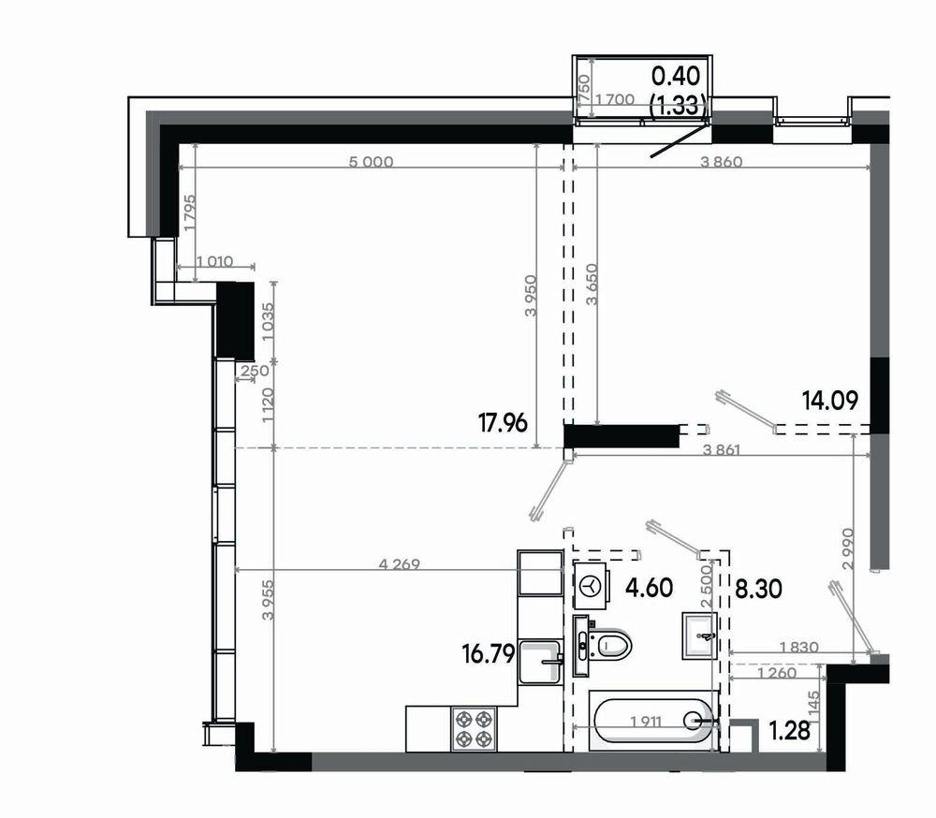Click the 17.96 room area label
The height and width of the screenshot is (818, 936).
click(x=503, y=423)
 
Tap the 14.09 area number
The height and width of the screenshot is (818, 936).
click(x=829, y=400)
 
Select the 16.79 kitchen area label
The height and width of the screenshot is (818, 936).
click(x=489, y=654)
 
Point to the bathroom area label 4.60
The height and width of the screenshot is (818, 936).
click(x=649, y=588)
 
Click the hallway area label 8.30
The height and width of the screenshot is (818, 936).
click(x=758, y=590)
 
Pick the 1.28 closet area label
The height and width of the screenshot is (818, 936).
click(x=789, y=730)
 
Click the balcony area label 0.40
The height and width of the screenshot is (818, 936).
click(x=676, y=76)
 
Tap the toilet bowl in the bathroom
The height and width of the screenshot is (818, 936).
click(x=609, y=646)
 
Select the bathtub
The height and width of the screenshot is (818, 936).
click(x=653, y=723)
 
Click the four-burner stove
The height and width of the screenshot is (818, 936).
click(x=474, y=728)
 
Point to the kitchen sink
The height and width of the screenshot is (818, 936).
click(x=541, y=662)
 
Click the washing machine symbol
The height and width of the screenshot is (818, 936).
click(x=591, y=586)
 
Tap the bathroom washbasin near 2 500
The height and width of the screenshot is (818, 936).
click(x=699, y=635)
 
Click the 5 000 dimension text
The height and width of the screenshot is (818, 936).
click(x=371, y=162)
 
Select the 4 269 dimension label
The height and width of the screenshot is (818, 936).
click(x=400, y=563)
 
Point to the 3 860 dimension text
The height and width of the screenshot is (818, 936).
click(x=721, y=162)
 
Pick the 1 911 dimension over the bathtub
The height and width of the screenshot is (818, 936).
click(x=647, y=722)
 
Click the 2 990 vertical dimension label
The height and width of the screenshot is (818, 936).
click(x=848, y=548)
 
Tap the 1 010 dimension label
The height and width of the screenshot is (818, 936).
click(x=214, y=261)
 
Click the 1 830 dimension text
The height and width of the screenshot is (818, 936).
click(x=798, y=647)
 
